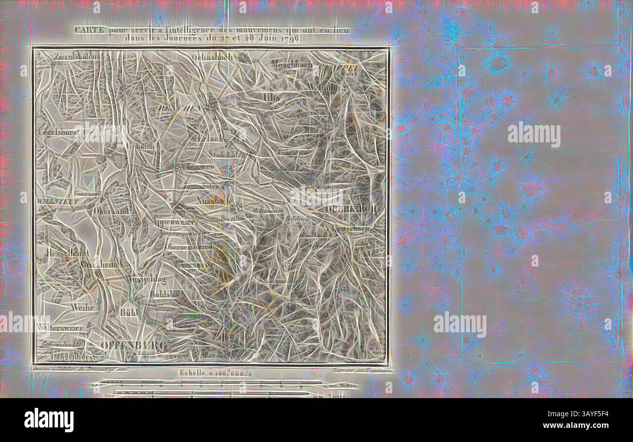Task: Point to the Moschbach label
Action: pyautogui.click(x=292, y=64)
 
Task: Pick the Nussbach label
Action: pyautogui.click(x=213, y=200)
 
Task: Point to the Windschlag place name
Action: pyautogui.click(x=145, y=279)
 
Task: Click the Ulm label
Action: pyautogui.click(x=271, y=97)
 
